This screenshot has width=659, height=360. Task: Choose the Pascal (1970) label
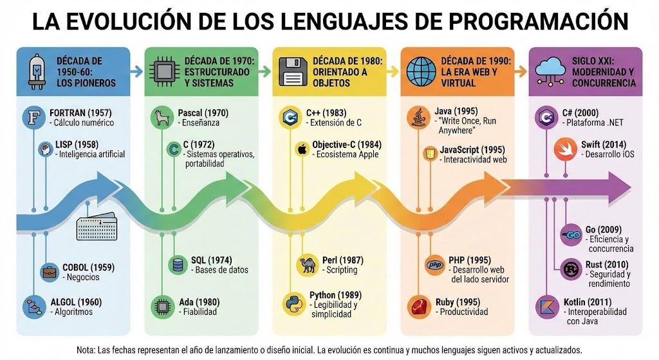click(203, 113)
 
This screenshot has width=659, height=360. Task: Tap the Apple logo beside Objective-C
click(301, 149)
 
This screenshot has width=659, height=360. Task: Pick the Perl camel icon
click(306, 265)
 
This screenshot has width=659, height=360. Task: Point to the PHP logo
click(435, 265)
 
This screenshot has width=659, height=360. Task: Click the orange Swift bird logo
click(564, 149)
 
